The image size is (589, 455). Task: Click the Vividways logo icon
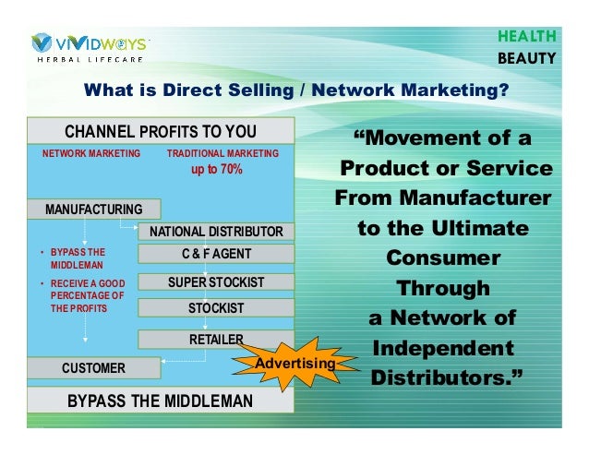[x=42, y=43]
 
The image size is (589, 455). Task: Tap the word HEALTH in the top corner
[x=526, y=36]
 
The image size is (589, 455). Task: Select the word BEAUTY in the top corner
[x=526, y=58]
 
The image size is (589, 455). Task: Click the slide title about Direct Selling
[x=295, y=90]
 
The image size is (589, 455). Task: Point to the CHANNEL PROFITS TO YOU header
[x=160, y=130]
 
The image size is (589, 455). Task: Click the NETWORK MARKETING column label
[x=91, y=153]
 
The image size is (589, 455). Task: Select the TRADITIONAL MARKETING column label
[x=222, y=153]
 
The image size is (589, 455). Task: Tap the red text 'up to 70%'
[x=216, y=170]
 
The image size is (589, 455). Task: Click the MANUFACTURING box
[x=93, y=210]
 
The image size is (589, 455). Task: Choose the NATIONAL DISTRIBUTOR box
[x=215, y=231]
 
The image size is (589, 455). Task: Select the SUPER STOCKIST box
[x=215, y=281]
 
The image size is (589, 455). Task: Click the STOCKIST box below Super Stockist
[x=215, y=307]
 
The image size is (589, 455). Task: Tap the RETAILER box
[x=215, y=340]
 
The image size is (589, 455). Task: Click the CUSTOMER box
[x=93, y=368]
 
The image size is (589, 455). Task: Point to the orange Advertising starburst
[x=294, y=364]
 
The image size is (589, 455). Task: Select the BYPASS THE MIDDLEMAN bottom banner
[x=160, y=401]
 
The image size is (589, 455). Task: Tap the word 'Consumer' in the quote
[x=443, y=257]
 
